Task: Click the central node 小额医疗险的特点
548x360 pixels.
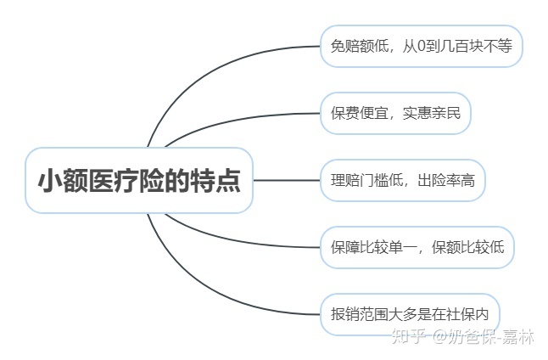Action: point(139,180)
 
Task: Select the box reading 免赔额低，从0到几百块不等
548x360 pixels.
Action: point(421,46)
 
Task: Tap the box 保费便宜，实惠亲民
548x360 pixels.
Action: point(395,113)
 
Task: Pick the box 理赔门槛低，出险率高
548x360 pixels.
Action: point(403,180)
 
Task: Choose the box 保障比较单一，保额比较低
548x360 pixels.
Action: point(417,247)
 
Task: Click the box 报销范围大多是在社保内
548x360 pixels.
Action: point(410,314)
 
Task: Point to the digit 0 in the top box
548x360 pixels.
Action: point(422,46)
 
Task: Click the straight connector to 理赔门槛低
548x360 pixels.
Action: point(287,180)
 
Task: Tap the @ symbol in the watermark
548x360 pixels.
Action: point(440,337)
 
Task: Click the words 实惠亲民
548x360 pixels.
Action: point(432,113)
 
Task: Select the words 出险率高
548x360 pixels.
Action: point(446,181)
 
